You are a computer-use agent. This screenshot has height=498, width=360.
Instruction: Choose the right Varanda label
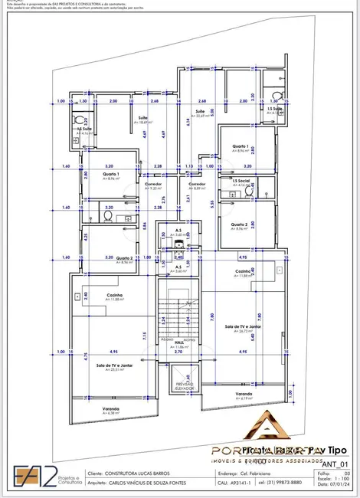(245, 395)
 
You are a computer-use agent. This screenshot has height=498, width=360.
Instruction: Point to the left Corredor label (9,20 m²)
(152, 185)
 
